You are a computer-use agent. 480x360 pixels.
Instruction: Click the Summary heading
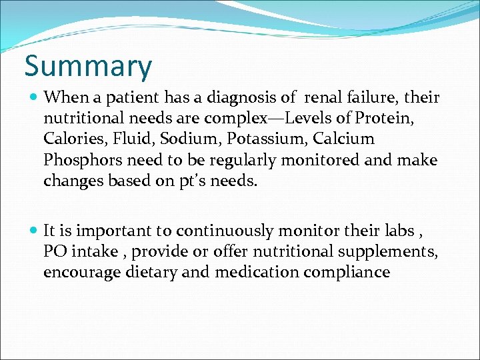(88, 66)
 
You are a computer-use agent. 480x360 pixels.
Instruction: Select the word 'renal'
(323, 98)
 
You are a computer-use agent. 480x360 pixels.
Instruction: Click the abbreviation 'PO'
(55, 252)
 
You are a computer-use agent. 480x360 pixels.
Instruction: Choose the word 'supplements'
(390, 252)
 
